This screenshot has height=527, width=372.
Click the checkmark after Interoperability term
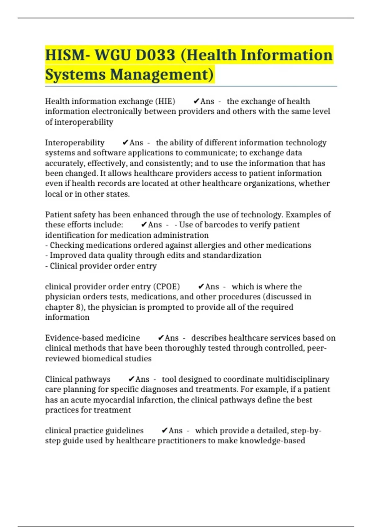pos(125,143)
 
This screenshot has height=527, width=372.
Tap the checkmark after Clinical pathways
pos(131,379)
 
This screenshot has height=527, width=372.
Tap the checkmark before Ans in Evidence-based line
pos(161,338)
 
